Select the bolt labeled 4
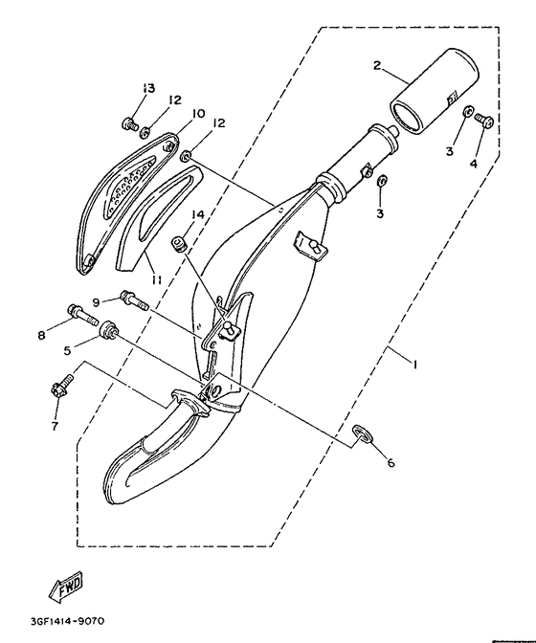click(x=484, y=120)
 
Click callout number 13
click(x=146, y=89)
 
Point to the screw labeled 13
click(x=127, y=122)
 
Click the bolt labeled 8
click(x=83, y=311)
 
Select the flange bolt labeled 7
click(x=56, y=389)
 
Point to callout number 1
click(x=413, y=364)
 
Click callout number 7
click(x=54, y=426)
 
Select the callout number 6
click(x=390, y=463)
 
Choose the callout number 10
click(x=198, y=114)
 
